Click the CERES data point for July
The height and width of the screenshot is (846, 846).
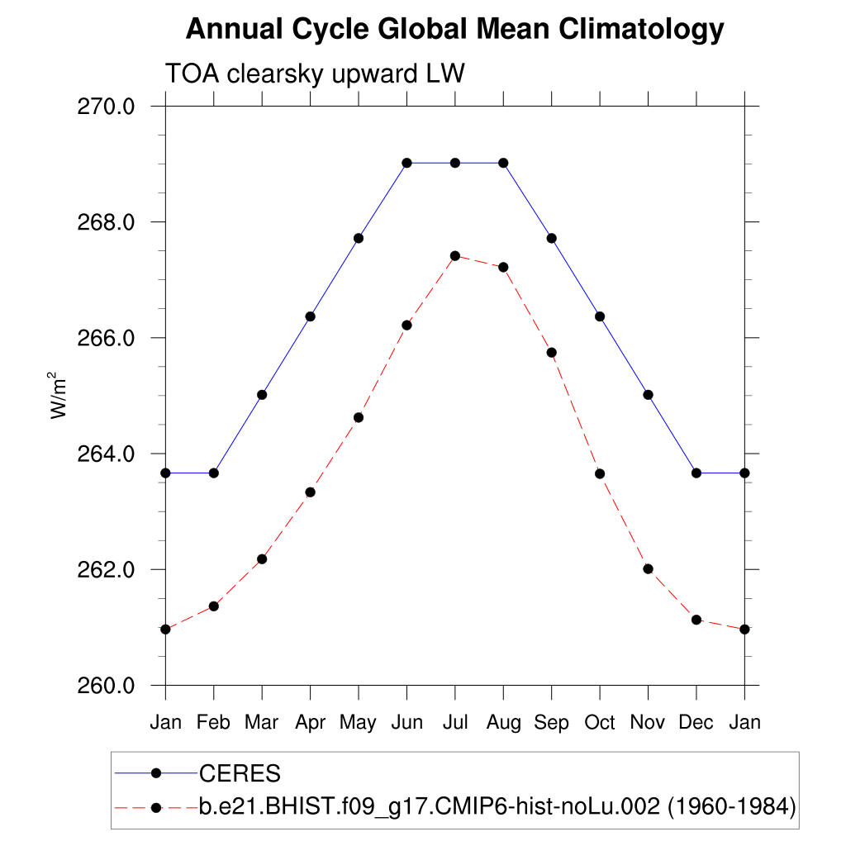455,163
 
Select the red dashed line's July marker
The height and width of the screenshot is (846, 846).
455,256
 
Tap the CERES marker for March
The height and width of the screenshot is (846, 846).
262,395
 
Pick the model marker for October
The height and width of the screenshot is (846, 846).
600,473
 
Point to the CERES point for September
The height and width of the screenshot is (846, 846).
552,239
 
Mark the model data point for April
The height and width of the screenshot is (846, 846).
311,492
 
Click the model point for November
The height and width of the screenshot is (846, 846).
648,569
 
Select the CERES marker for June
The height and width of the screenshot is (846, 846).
406,163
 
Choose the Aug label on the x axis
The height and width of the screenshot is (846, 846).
503,723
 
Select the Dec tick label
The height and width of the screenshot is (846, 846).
696,723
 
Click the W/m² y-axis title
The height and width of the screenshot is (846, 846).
59,397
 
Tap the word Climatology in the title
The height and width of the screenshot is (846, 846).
641,31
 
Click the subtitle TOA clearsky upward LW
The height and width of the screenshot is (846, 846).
316,74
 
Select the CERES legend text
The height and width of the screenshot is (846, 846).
240,773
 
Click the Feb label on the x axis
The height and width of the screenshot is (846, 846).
214,723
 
